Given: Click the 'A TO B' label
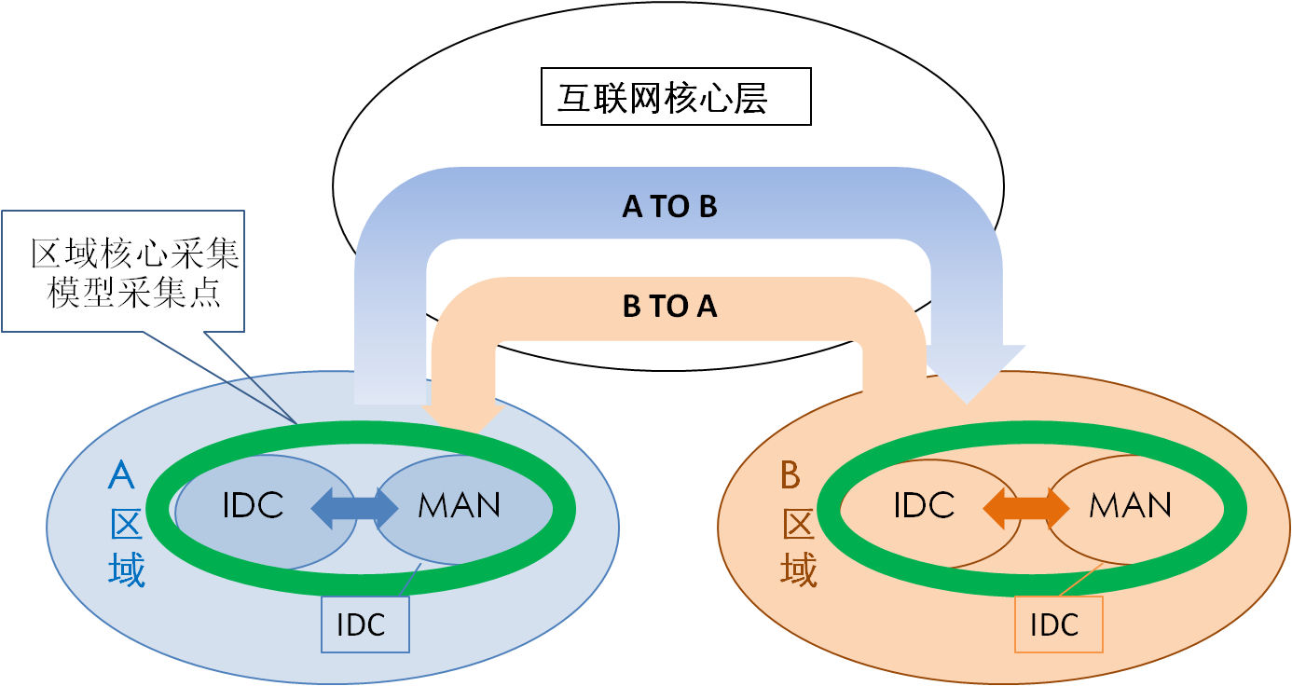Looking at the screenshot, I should tap(669, 206).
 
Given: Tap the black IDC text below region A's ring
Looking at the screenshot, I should tap(361, 624).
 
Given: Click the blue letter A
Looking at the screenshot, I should tap(121, 475).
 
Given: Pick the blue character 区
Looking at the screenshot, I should tap(127, 525).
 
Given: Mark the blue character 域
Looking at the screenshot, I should tap(127, 569).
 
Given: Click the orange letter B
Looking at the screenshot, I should tap(790, 476).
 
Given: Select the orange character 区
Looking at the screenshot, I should tap(798, 525).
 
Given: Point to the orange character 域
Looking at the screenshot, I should tap(798, 569).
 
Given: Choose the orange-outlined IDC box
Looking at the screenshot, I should tap(1058, 624).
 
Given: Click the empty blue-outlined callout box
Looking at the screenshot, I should tap(123, 270).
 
